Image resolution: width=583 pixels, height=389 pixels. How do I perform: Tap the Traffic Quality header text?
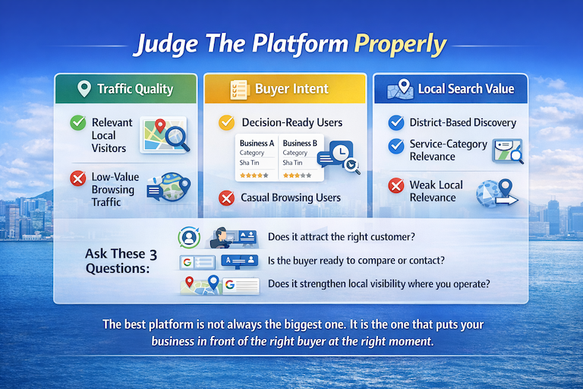click(135, 89)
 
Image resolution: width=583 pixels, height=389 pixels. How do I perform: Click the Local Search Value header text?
click(465, 89)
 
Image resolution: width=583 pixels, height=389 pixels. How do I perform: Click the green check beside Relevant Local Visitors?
click(77, 122)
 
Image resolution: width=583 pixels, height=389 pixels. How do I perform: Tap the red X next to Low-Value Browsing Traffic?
click(77, 179)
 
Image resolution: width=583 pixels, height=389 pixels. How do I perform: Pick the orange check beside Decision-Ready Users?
click(225, 122)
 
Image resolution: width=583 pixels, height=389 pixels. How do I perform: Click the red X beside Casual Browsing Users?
click(225, 198)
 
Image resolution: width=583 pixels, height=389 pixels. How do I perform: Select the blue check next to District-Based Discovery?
click(395, 122)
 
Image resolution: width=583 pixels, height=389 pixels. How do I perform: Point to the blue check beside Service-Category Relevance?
click(395, 144)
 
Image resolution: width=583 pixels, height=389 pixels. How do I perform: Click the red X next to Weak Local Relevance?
click(395, 185)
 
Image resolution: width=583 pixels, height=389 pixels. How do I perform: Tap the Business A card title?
click(257, 143)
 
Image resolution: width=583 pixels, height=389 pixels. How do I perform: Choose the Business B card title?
click(300, 143)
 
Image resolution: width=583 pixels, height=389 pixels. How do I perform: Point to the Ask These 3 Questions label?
click(117, 261)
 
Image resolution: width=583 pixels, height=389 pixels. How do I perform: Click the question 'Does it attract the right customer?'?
click(342, 237)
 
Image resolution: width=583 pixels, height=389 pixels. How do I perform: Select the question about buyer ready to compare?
click(356, 261)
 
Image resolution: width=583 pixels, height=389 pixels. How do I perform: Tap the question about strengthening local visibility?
click(379, 285)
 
